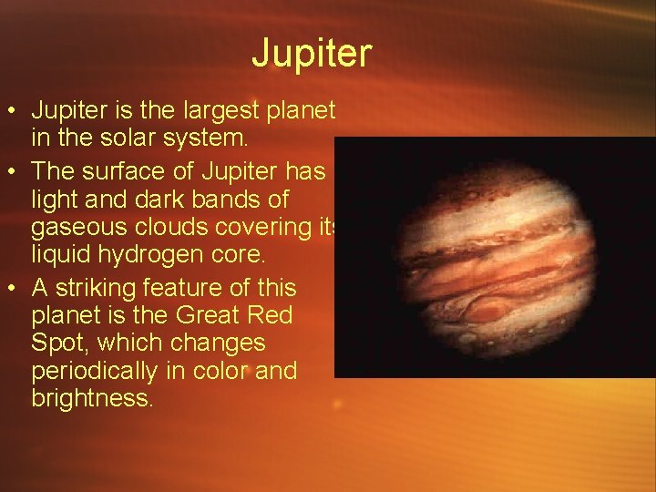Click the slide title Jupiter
[x=312, y=54]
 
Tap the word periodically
[x=100, y=372]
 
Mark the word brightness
[x=93, y=399]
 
